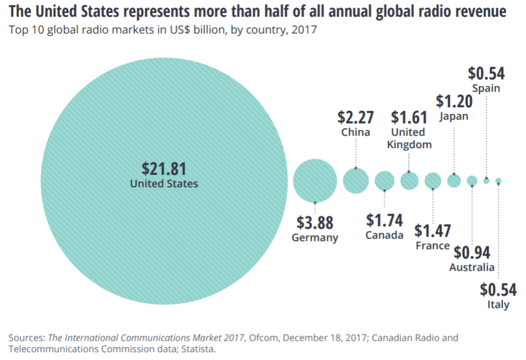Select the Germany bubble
coord(315,180)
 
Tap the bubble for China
coord(356,180)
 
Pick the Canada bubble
coord(385,180)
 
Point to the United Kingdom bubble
coord(410,180)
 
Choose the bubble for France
coord(433,180)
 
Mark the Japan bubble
coord(454,180)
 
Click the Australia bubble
coord(472,180)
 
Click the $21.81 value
coord(164,169)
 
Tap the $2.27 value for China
coord(356,116)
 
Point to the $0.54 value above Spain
coord(486,74)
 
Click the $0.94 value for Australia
coord(472,253)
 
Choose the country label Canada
coord(384,235)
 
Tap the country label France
coord(432,245)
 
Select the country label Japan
coord(453,116)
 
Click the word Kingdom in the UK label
coord(409,144)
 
